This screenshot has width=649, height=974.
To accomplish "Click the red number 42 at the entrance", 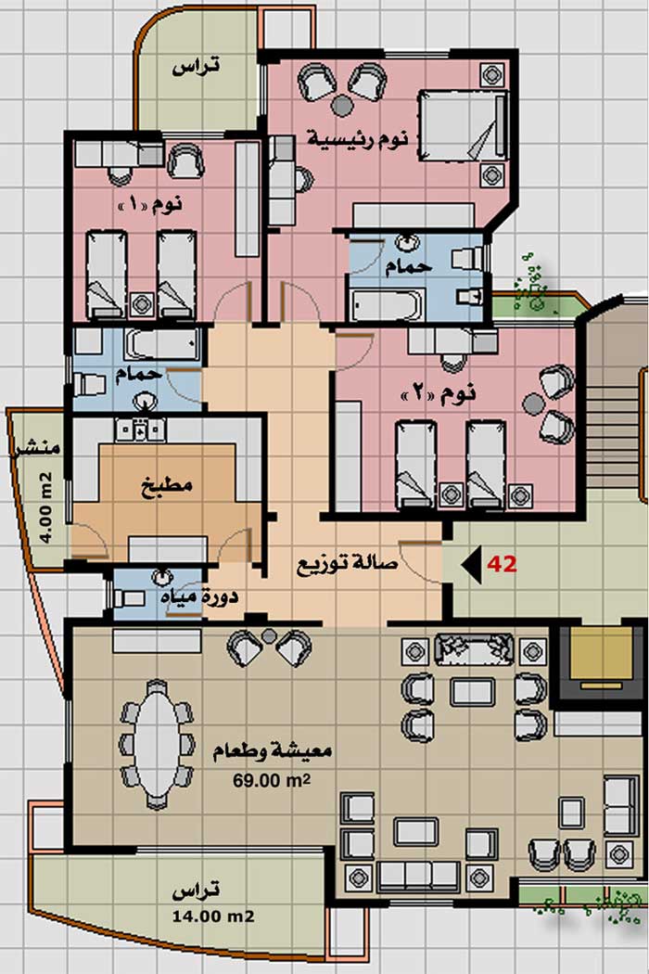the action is pyautogui.click(x=502, y=564).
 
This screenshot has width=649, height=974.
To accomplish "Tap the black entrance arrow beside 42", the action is pyautogui.click(x=473, y=565).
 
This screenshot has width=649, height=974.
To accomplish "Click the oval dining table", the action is pyautogui.click(x=157, y=744).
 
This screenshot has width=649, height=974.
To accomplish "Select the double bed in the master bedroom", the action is pyautogui.click(x=464, y=125).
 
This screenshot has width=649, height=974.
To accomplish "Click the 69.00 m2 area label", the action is pyautogui.click(x=272, y=779).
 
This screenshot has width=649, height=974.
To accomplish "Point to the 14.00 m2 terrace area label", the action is pyautogui.click(x=213, y=916).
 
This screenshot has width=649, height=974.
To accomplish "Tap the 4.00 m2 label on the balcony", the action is pyautogui.click(x=45, y=508).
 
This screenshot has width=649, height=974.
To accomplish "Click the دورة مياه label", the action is pyautogui.click(x=198, y=597).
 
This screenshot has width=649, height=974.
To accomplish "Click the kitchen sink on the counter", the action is pyautogui.click(x=140, y=429).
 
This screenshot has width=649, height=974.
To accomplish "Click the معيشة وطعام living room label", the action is pyautogui.click(x=272, y=751).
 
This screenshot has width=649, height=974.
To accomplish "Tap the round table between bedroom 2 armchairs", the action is pyautogui.click(x=533, y=404).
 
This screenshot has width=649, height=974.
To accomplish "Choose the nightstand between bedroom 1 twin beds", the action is pyautogui.click(x=142, y=304).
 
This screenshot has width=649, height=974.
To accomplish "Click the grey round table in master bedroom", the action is pyautogui.click(x=341, y=104).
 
